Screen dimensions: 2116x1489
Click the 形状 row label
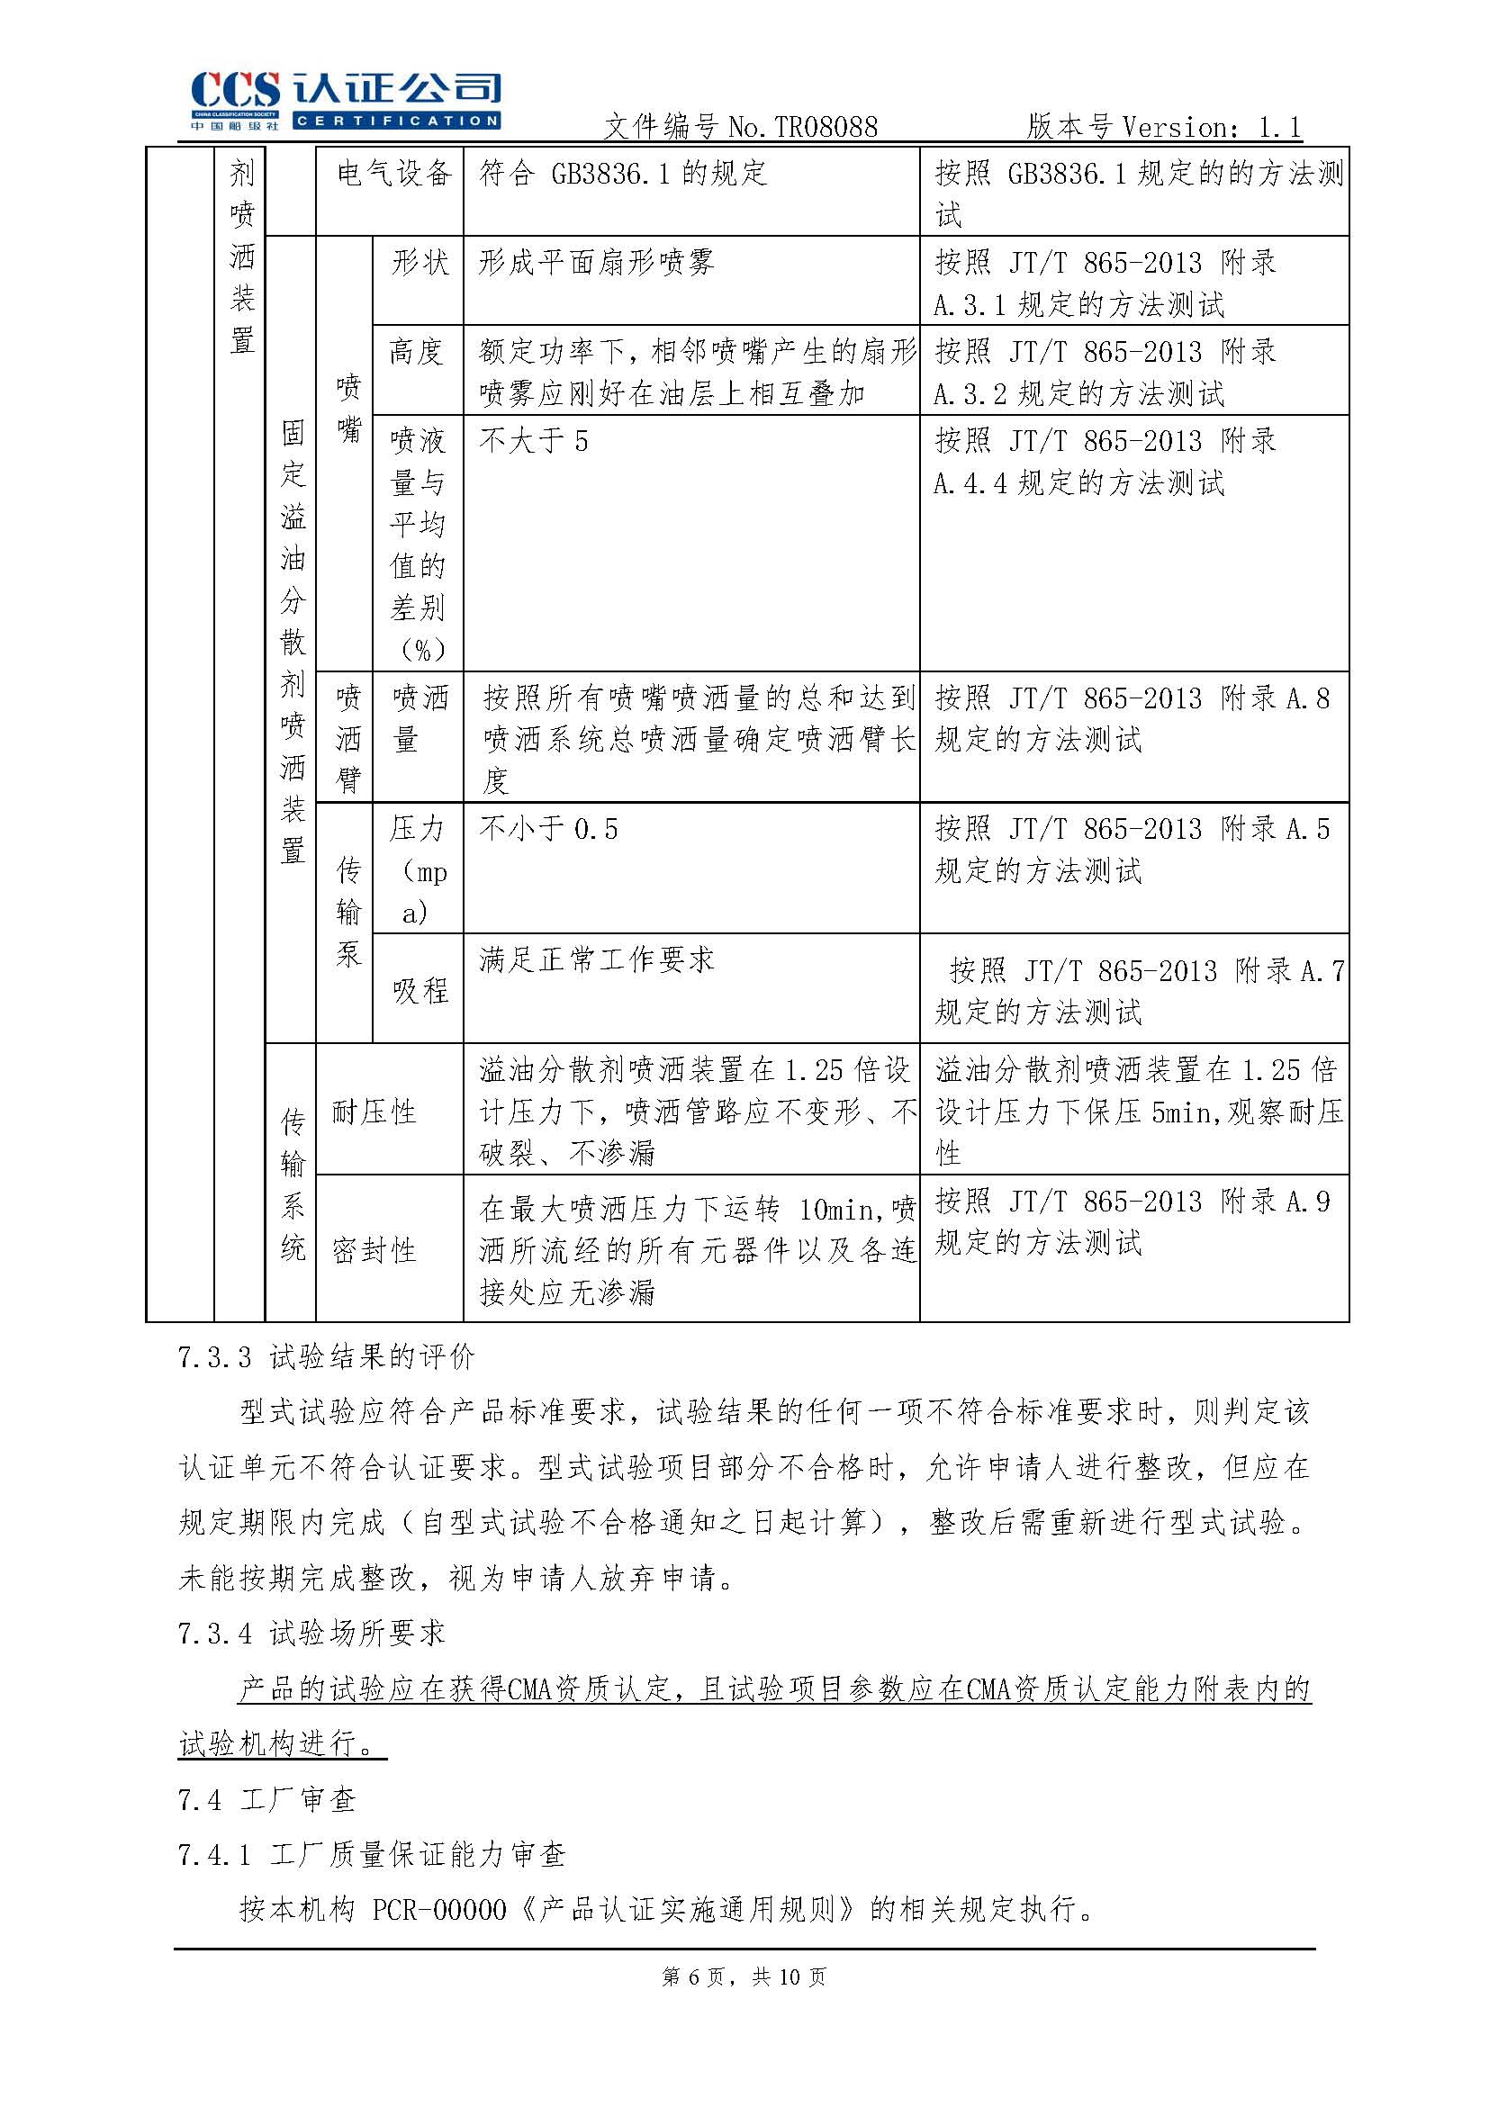[420, 263]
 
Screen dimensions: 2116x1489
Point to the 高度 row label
[417, 352]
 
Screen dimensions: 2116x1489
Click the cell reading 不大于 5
[533, 441]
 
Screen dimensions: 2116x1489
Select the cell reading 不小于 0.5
[547, 830]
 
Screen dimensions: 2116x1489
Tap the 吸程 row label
[420, 991]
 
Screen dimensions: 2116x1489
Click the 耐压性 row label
[374, 1112]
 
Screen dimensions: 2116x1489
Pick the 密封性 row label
[374, 1251]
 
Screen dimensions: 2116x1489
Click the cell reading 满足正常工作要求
[596, 960]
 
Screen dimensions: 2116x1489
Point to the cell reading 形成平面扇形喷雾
[596, 264]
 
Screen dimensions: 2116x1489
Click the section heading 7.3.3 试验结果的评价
[327, 1356]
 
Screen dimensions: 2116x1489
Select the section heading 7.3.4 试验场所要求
[311, 1633]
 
